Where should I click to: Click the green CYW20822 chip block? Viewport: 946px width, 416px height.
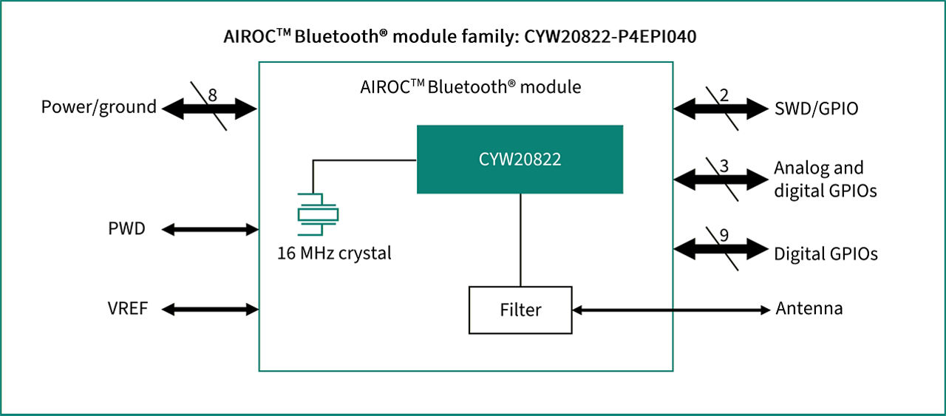(520, 159)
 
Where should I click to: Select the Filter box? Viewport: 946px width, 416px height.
(520, 310)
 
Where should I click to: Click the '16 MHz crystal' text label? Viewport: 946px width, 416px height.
(334, 253)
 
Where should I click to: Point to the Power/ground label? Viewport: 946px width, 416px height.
(99, 107)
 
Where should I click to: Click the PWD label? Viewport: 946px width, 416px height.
(126, 229)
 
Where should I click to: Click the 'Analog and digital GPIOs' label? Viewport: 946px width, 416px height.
(825, 179)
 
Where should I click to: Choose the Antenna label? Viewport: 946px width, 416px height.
(809, 309)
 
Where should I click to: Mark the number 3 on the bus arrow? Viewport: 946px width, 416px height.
(724, 166)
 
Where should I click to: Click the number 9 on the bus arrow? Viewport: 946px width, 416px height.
(724, 236)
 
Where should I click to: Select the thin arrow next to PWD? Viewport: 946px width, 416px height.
(209, 229)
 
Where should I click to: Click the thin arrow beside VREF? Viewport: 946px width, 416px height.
(209, 309)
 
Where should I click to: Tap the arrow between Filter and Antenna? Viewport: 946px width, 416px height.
(671, 310)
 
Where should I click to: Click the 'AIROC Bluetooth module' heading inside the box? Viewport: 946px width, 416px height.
(470, 87)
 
